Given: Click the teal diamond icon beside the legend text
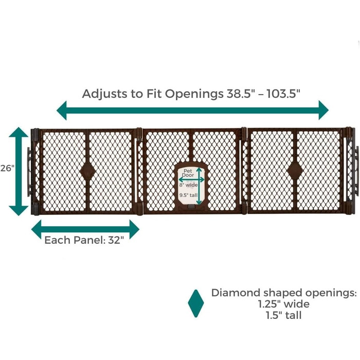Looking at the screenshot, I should point(196,303).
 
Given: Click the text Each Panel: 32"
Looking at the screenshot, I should point(84,240).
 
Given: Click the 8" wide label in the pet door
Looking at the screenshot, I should point(188,184).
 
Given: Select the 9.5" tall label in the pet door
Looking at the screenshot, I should point(188,195).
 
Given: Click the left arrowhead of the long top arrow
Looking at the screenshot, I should point(63,110).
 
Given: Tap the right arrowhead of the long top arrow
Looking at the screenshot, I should point(322,110).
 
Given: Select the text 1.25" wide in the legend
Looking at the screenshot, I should point(284,304).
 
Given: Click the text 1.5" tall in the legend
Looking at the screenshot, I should point(284,315).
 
